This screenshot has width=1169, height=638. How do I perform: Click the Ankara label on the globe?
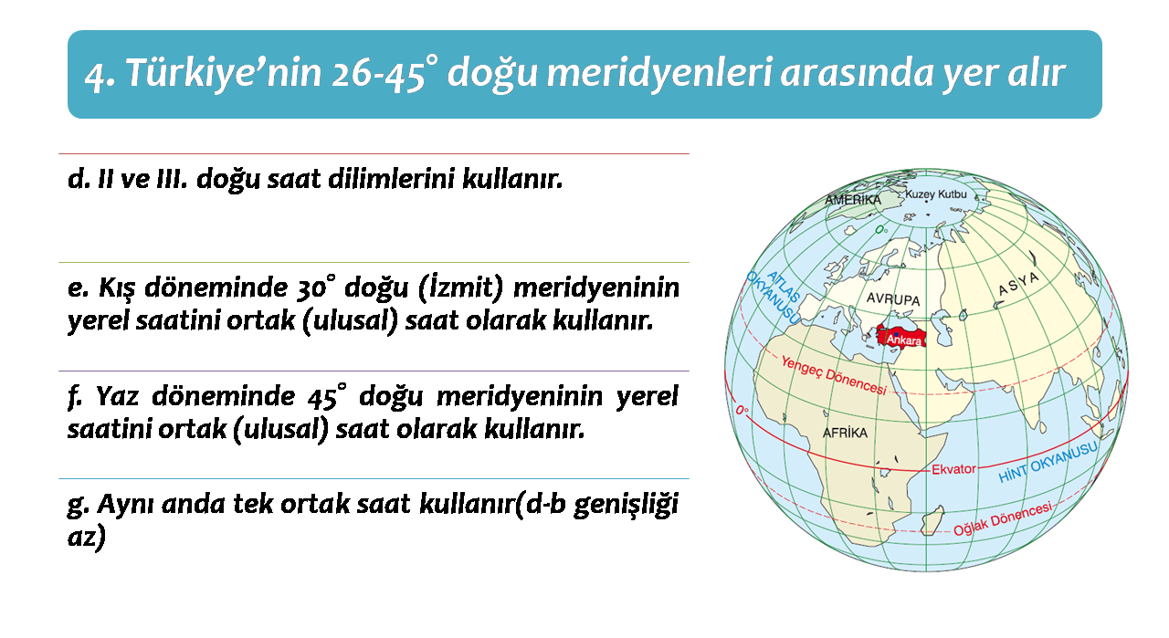click(904, 340)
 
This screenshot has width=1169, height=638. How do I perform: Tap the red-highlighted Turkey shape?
click(900, 336)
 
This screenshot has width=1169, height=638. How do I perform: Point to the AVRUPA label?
click(893, 299)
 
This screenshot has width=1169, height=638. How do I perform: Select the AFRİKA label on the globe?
click(845, 433)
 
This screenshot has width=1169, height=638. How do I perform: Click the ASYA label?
click(1018, 284)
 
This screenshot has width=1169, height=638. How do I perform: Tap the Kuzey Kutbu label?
click(936, 194)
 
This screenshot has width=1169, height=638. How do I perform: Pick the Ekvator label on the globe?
click(953, 469)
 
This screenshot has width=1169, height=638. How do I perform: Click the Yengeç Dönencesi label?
click(834, 375)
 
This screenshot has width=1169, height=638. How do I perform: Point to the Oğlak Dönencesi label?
click(1003, 519)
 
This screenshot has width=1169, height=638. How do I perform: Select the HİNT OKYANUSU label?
click(1048, 462)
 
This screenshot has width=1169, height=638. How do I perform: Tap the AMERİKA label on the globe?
click(853, 200)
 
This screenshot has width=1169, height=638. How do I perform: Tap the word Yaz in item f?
click(117, 396)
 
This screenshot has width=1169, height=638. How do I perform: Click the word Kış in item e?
click(117, 288)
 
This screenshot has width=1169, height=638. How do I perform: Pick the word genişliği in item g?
click(626, 506)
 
